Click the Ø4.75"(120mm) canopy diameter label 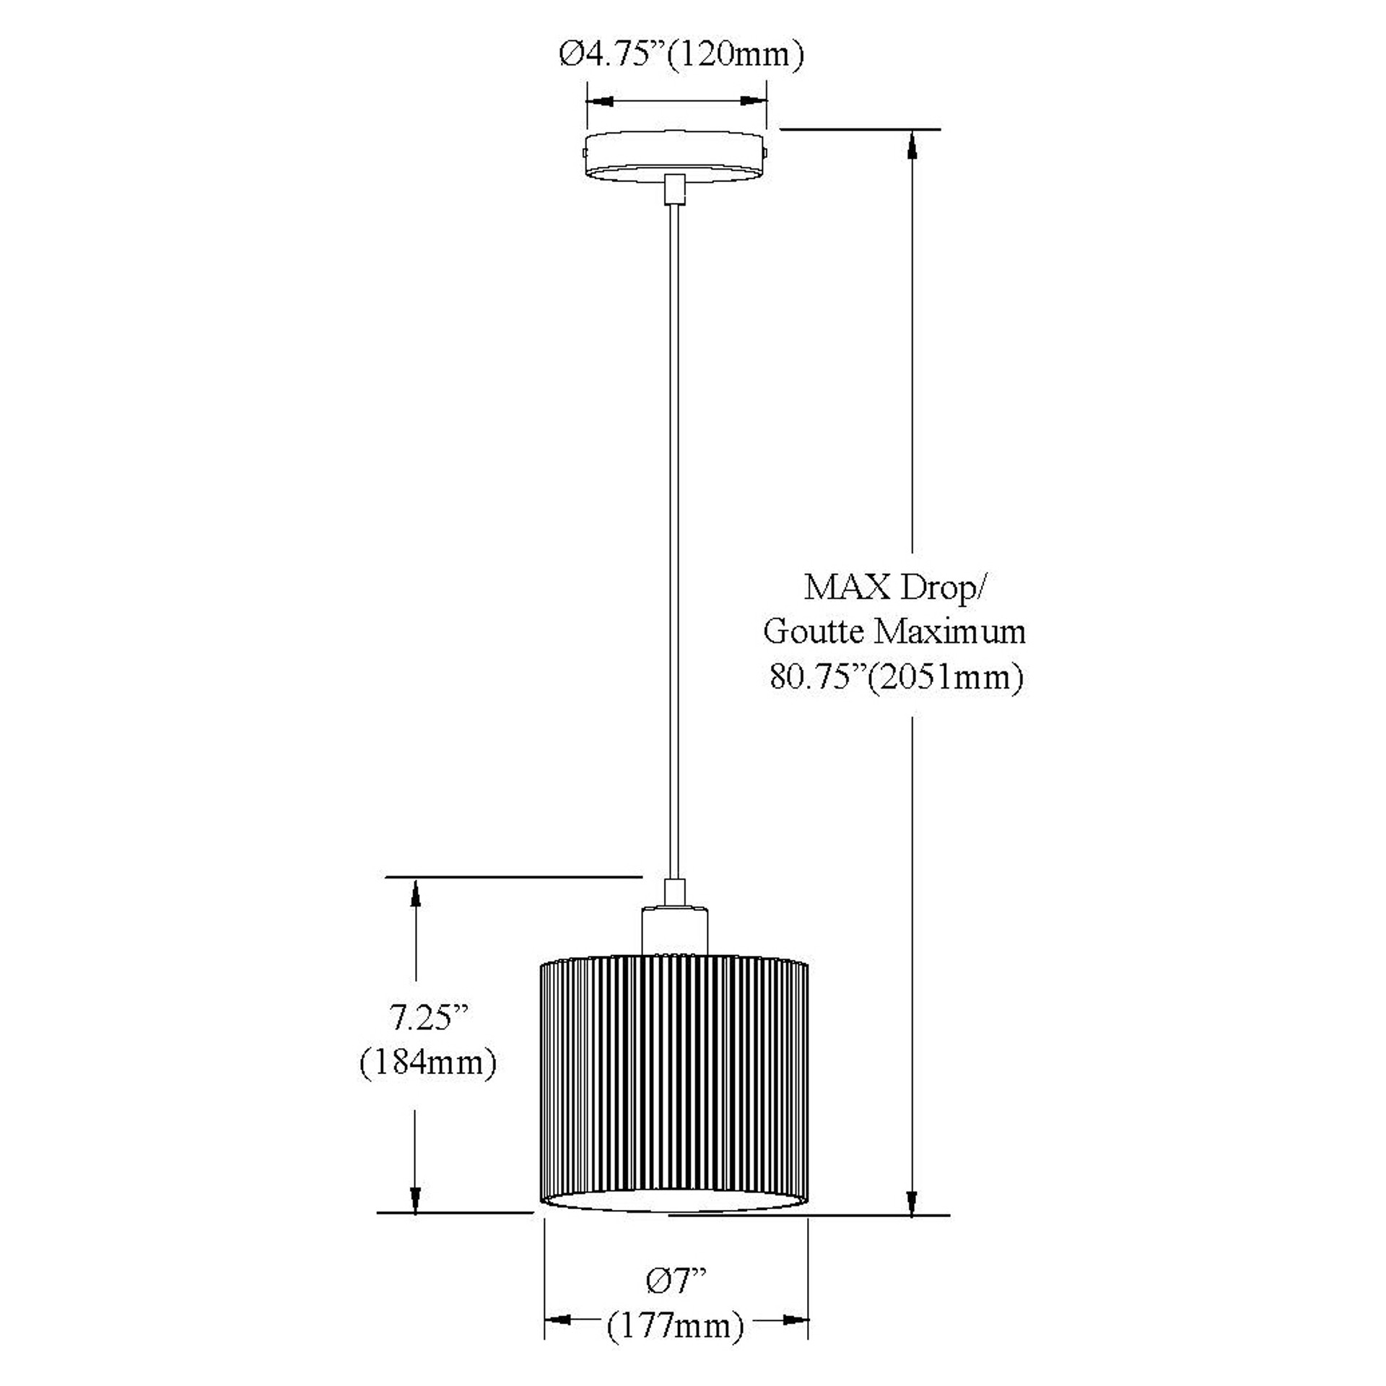coord(681,55)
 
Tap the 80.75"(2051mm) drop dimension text coord(896,677)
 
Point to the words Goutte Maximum coord(894,632)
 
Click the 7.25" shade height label coord(430,1017)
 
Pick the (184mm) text coord(428,1062)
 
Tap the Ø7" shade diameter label coord(676,1280)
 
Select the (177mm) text coord(676,1325)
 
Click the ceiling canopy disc coord(676,156)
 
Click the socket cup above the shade coord(674,931)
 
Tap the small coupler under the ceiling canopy coord(674,189)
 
